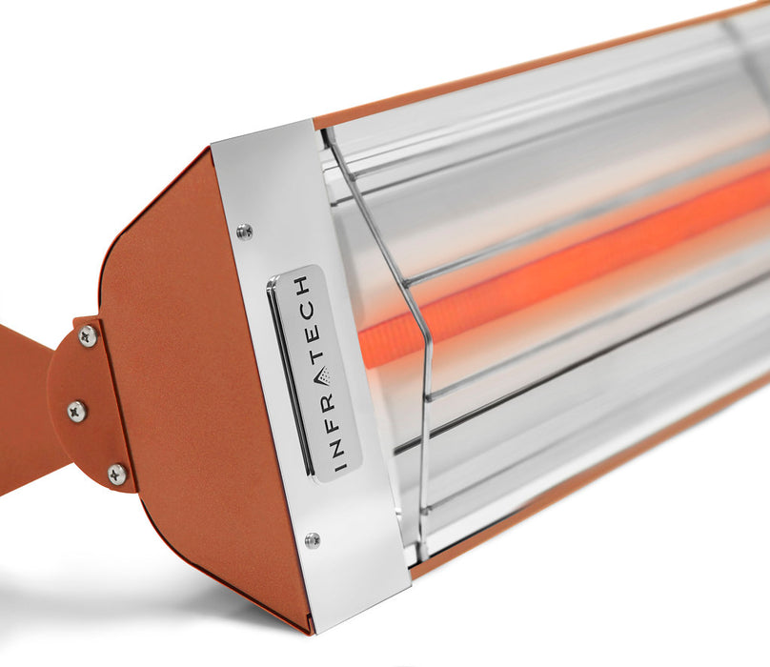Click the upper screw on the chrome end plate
tap(245, 231)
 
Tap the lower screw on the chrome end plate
tap(312, 540)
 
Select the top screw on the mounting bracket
tap(88, 335)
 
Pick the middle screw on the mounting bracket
tap(76, 411)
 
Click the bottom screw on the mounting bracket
tap(116, 474)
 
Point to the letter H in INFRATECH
tap(301, 286)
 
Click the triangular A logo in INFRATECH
tap(320, 376)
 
